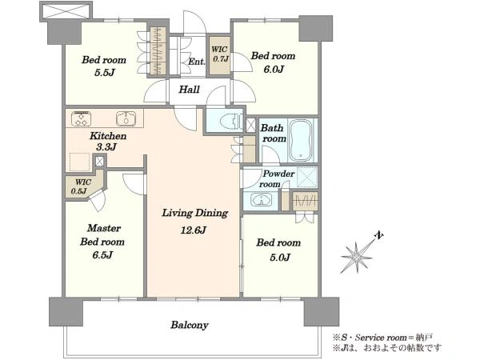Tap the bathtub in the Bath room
[301, 140]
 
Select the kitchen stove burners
[81, 118]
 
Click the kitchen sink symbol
[126, 118]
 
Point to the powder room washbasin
[261, 200]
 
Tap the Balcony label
[190, 325]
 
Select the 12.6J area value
[193, 230]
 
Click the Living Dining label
[195, 213]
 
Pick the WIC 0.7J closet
[219, 55]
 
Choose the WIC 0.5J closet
[84, 185]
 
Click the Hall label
[189, 90]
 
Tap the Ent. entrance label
[196, 62]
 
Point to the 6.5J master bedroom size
[102, 255]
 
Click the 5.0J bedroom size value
[280, 258]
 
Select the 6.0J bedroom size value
[274, 70]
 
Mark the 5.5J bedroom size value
[104, 73]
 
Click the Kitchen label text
[108, 136]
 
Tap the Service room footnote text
[382, 338]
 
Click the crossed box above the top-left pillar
[66, 12]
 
